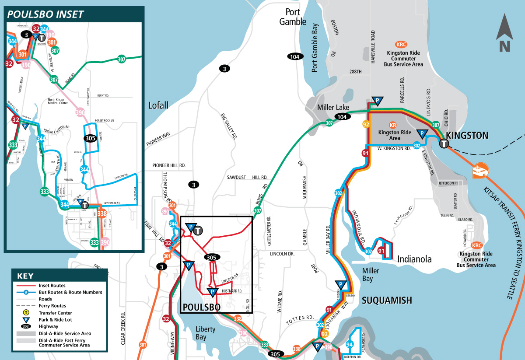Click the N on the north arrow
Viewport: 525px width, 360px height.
505,45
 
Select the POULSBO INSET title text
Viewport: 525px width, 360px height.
45,14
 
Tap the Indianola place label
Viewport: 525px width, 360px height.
414,259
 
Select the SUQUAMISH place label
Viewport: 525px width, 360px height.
387,300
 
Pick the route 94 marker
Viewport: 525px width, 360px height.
349,345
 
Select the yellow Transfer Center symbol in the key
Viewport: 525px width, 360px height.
27,313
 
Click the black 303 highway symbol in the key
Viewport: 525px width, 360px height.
27,326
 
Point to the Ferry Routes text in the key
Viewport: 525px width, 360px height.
52,306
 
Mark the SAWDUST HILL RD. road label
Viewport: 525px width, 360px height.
247,178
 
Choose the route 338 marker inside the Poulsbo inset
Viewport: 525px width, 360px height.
102,213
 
